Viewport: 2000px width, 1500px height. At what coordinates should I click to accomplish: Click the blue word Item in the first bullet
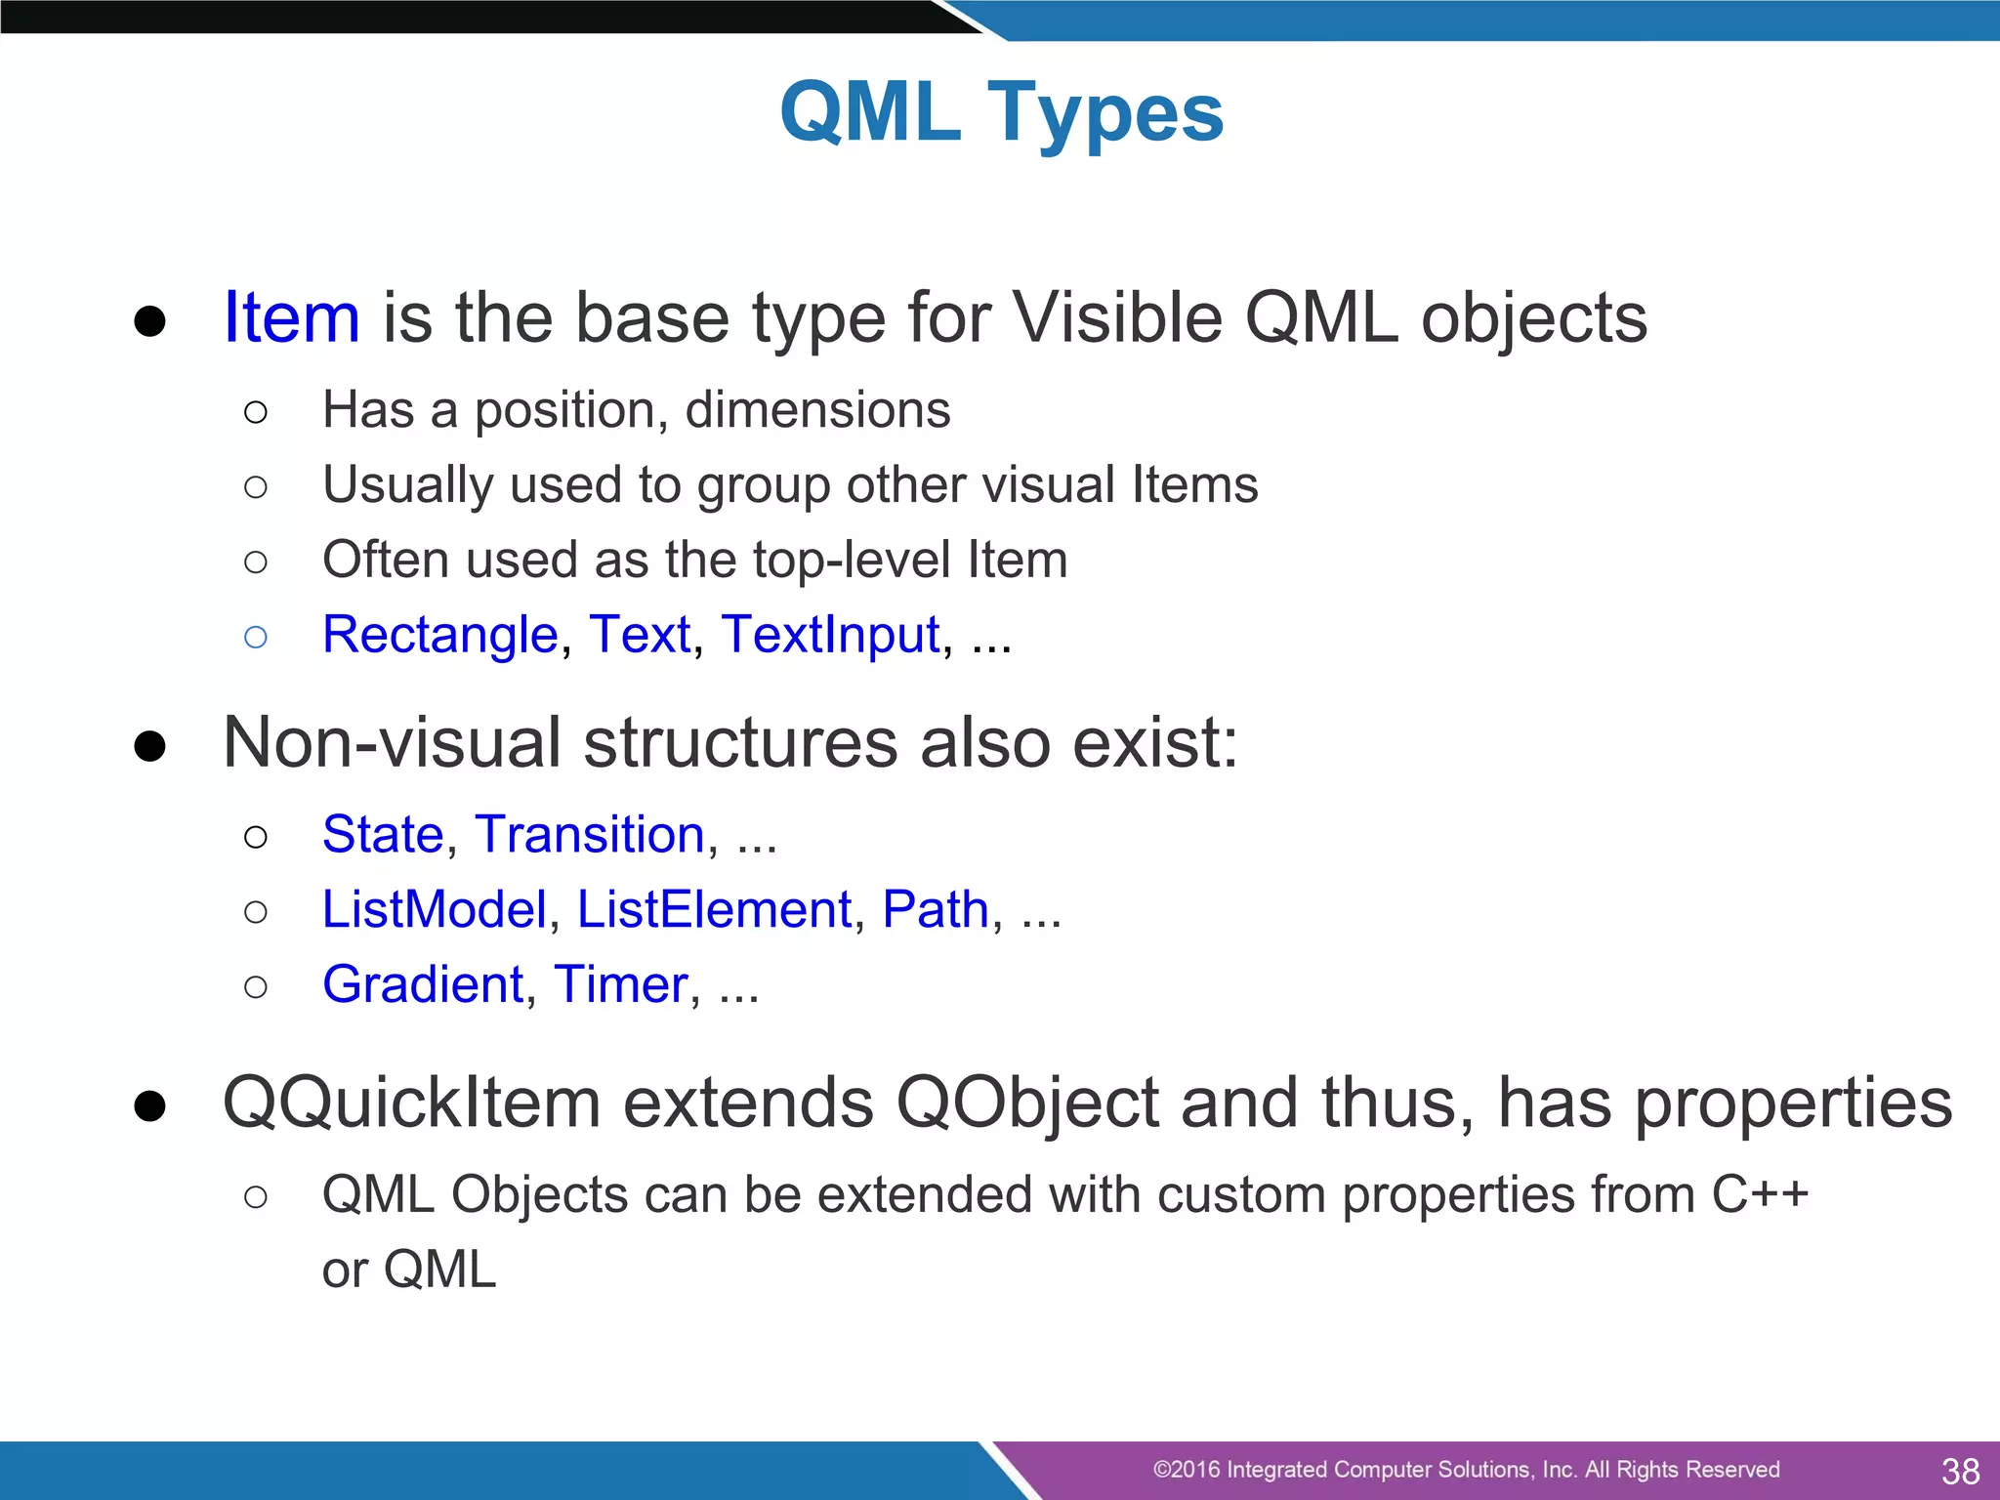point(291,317)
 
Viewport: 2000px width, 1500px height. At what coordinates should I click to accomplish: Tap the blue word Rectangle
point(439,635)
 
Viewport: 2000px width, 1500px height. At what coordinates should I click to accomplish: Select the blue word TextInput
point(831,635)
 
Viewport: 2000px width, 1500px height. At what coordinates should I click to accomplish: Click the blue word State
point(383,835)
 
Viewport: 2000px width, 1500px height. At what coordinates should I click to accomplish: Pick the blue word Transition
point(590,835)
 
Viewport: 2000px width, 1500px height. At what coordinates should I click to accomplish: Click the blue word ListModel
point(435,910)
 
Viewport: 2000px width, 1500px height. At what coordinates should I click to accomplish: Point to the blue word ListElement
point(715,910)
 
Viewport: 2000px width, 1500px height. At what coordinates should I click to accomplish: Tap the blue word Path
point(936,910)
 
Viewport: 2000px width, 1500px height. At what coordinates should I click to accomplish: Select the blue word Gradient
point(423,984)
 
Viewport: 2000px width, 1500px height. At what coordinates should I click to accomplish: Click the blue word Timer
point(621,984)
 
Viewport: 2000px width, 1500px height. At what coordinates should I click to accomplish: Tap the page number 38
point(1960,1471)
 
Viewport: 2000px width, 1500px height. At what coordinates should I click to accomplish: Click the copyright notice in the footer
point(1466,1470)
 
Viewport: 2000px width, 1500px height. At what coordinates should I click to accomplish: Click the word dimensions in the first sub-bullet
point(817,410)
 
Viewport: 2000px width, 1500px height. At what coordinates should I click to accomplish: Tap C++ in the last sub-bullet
point(1760,1195)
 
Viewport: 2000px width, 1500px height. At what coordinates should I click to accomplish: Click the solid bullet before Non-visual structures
point(149,747)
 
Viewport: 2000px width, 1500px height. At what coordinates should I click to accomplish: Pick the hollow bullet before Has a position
point(256,412)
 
